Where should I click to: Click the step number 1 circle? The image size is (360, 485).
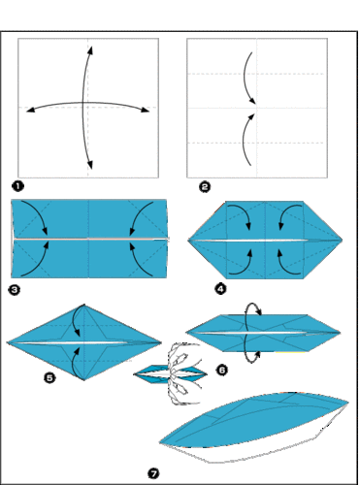17,186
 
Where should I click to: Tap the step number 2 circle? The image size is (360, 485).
205,187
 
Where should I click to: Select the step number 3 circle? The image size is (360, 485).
14,290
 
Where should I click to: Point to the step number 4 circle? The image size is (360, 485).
220,289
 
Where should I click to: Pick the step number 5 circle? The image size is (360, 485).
49,377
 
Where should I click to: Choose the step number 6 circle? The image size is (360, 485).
222,370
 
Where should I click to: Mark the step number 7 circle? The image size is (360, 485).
153,474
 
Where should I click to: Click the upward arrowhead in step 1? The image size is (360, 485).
90,50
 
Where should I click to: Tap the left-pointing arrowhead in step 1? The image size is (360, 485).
30,111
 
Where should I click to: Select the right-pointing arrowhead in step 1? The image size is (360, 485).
146,110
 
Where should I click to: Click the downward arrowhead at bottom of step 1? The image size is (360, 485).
90,165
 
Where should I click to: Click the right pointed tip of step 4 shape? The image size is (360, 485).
343,241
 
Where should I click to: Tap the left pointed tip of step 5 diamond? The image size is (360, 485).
7,342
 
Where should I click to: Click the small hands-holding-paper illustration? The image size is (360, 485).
172,374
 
